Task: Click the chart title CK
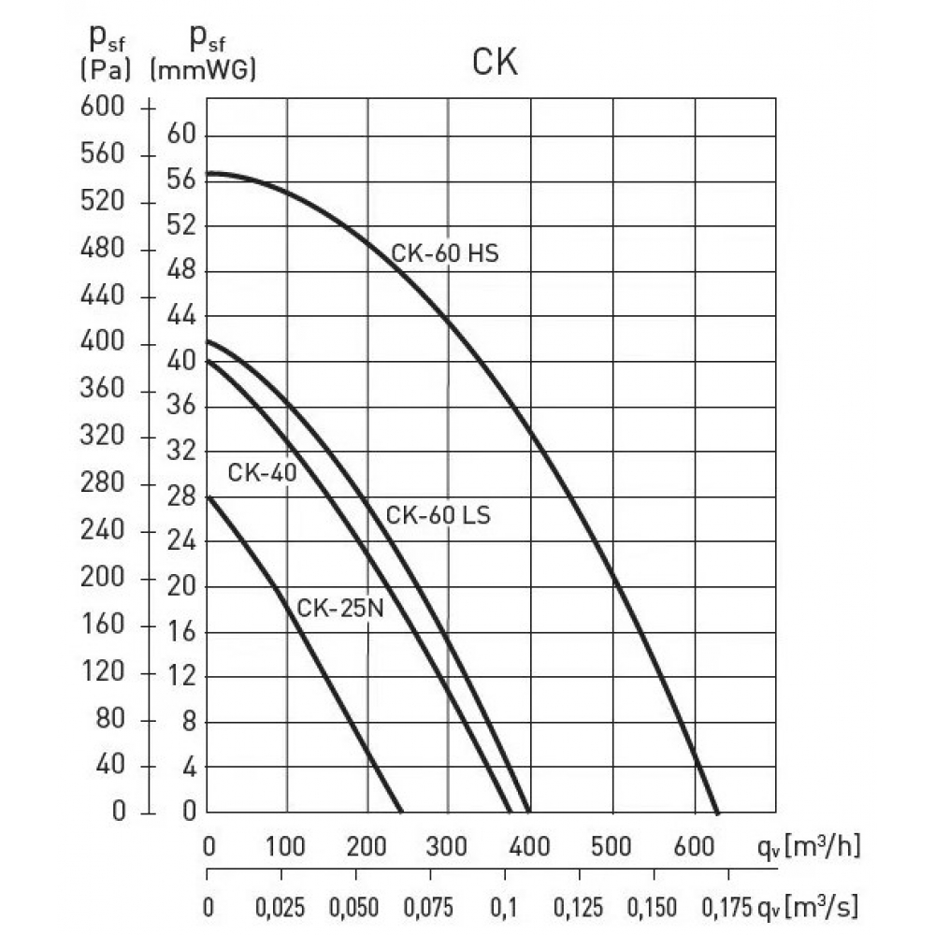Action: point(496,64)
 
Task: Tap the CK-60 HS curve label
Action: point(445,253)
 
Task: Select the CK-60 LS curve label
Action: point(438,514)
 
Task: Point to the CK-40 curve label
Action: point(262,473)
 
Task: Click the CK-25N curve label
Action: point(340,609)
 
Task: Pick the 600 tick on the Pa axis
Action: point(105,108)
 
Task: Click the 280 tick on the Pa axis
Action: point(105,484)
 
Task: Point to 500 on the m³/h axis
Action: point(612,848)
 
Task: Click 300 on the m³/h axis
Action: point(449,848)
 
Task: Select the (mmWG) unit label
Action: point(203,69)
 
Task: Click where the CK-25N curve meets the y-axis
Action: point(208,496)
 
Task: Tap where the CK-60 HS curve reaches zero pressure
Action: point(717,812)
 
